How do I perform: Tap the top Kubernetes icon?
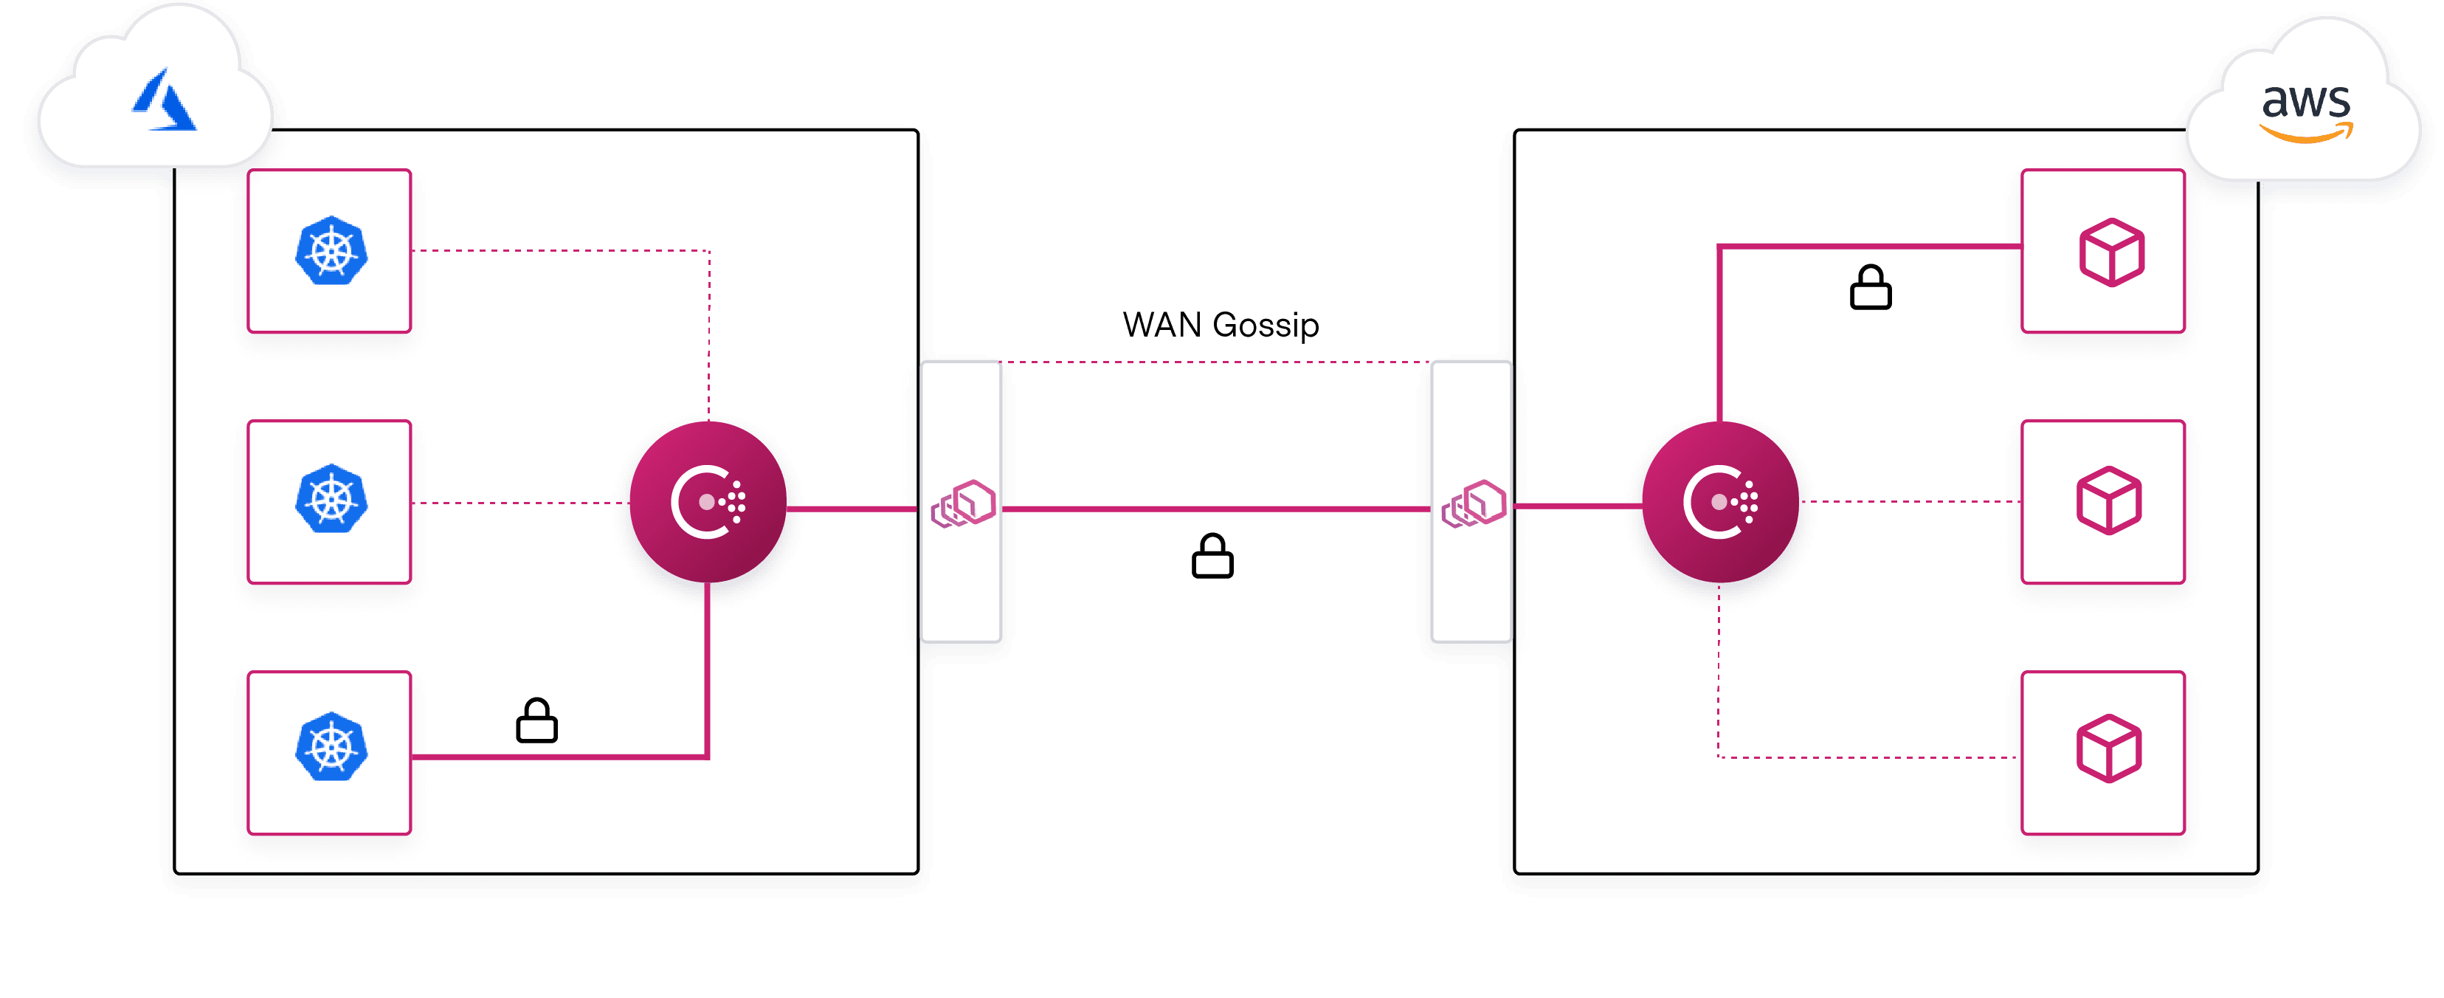pyautogui.click(x=330, y=252)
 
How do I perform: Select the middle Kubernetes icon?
pyautogui.click(x=330, y=499)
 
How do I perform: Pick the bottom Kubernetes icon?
pyautogui.click(x=330, y=748)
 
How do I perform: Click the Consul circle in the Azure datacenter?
pyautogui.click(x=708, y=501)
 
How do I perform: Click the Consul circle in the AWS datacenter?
pyautogui.click(x=1719, y=501)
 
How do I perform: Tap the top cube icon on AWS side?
pyautogui.click(x=2111, y=252)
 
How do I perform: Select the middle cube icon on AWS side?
pyautogui.click(x=2108, y=500)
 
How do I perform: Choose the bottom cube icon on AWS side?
pyautogui.click(x=2108, y=748)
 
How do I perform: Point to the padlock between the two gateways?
pyautogui.click(x=1212, y=556)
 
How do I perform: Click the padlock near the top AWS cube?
pyautogui.click(x=1870, y=287)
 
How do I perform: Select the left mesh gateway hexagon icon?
pyautogui.click(x=963, y=503)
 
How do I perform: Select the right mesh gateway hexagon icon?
pyautogui.click(x=1474, y=503)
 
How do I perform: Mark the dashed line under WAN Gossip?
pyautogui.click(x=1215, y=362)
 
